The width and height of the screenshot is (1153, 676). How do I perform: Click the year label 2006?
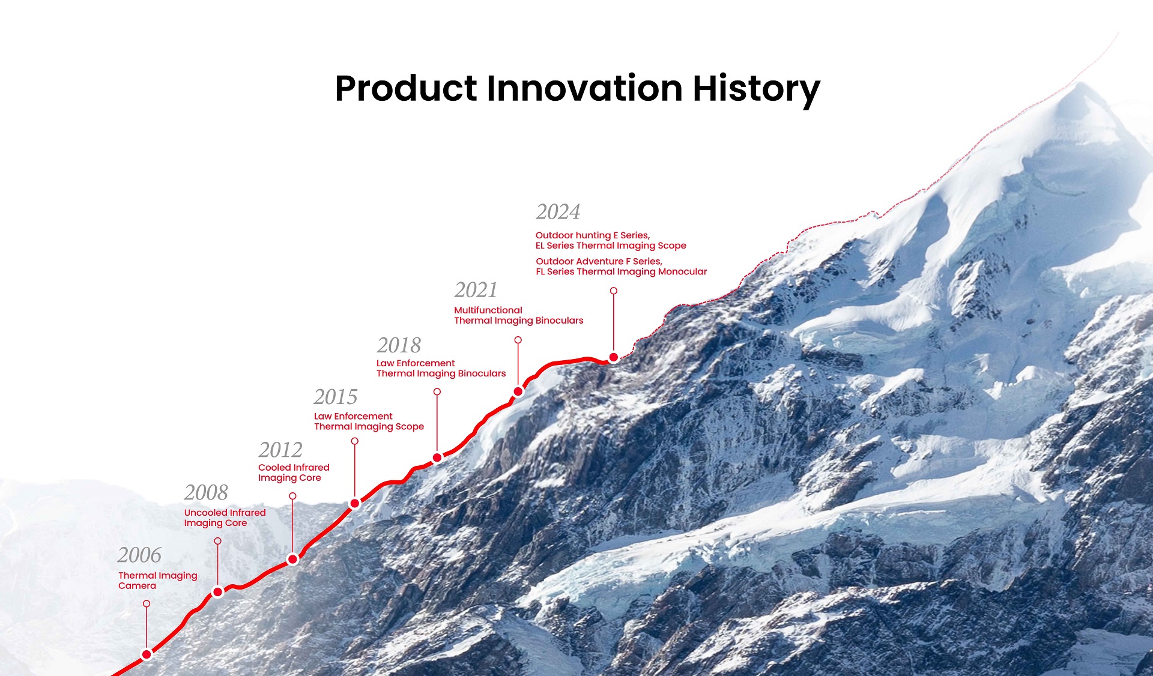point(139,555)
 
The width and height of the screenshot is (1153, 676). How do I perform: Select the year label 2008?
point(206,492)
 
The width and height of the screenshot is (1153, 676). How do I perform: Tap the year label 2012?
point(280,450)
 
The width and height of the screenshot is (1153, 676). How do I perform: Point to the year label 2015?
point(336,397)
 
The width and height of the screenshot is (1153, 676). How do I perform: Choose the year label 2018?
point(399,345)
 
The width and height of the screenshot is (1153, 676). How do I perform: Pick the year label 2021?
point(476,290)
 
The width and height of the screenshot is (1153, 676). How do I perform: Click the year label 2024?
point(558,212)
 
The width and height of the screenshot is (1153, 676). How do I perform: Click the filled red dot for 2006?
point(147,654)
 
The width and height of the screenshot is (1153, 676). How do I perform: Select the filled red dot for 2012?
point(292,560)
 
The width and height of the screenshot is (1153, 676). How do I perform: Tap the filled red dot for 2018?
point(437,458)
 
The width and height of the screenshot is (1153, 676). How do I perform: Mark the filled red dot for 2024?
point(614,357)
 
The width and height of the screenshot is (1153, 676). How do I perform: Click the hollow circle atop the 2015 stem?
point(355,441)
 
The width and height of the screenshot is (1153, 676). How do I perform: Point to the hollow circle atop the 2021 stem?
point(518,340)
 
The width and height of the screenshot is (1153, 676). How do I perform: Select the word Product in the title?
point(406,88)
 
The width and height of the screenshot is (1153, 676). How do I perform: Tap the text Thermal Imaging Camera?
point(157,581)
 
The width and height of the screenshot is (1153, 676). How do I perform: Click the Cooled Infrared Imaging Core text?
point(294,472)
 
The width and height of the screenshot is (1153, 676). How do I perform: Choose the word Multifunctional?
point(488,310)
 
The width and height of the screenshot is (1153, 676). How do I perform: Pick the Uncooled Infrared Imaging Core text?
point(225,518)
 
